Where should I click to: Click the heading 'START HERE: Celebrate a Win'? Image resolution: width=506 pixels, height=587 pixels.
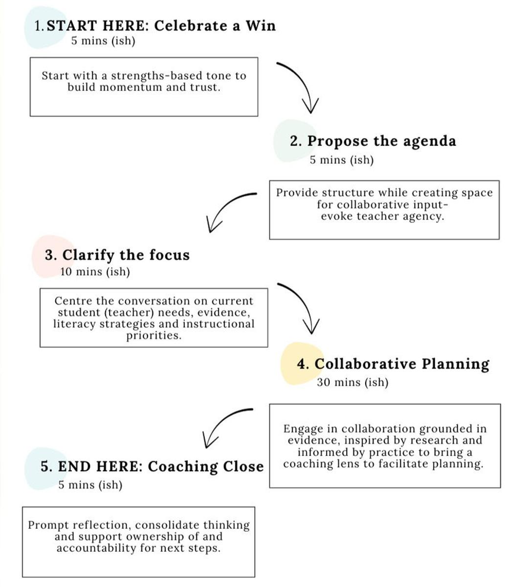[161, 25]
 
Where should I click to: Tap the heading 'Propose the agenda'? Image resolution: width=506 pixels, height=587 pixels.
[381, 141]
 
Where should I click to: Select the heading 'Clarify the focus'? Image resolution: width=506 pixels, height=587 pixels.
[126, 255]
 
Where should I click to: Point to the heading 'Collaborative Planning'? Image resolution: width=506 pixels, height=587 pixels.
[402, 364]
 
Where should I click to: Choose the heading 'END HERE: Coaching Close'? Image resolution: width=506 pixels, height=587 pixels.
[161, 466]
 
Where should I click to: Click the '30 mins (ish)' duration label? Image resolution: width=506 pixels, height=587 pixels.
[352, 382]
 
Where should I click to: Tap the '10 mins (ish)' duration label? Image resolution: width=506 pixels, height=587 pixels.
[95, 272]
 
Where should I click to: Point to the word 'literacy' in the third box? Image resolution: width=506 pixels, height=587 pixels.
[75, 324]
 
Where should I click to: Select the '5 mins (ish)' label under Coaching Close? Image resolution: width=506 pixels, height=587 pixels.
[90, 485]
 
